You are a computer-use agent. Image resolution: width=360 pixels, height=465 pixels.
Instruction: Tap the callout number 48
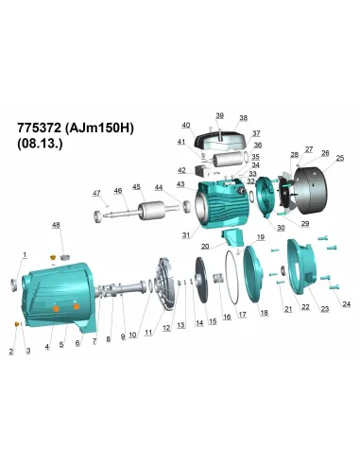coord(55,225)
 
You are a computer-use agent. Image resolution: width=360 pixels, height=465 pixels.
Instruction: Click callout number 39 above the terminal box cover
coord(219,115)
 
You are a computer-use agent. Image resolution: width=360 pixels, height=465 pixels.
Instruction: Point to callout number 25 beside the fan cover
coord(339,158)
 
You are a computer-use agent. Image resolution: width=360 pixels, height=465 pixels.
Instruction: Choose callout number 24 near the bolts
coord(346,303)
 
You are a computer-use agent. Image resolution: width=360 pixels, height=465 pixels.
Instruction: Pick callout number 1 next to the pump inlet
coord(25,255)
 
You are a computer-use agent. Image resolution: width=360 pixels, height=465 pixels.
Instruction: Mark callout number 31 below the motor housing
coord(186,234)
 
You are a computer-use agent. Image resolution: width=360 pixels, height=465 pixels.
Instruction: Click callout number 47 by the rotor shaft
coord(95,194)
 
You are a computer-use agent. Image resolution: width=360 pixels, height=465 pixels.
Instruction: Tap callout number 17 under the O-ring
coord(242,314)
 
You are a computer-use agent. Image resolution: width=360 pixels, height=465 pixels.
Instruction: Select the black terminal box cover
coord(219,139)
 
